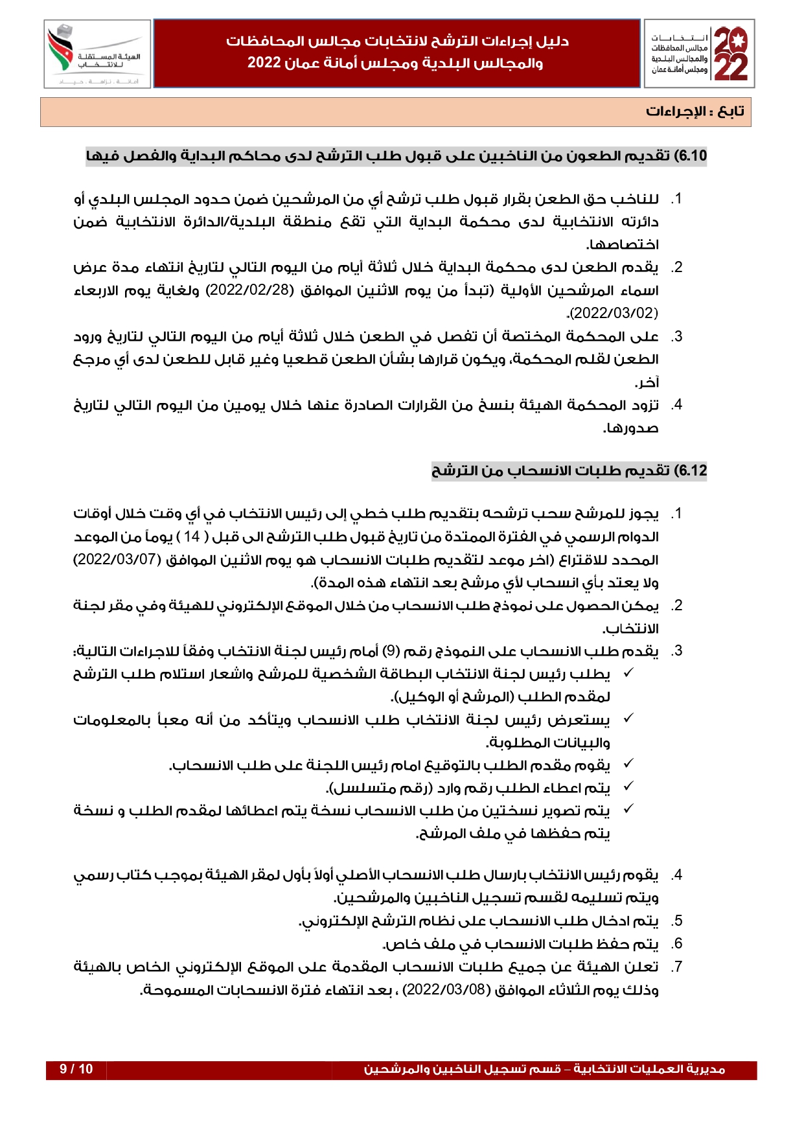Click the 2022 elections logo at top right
[700, 54]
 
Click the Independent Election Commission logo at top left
[97, 54]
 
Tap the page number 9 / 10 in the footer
[76, 1069]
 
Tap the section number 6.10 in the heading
[691, 156]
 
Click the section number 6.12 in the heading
[691, 471]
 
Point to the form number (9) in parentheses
[391, 651]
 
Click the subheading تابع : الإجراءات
[695, 111]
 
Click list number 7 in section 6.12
[677, 967]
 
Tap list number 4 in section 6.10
[677, 406]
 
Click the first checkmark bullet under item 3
[628, 674]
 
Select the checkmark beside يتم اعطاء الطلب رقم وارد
[628, 787]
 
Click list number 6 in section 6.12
[677, 944]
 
